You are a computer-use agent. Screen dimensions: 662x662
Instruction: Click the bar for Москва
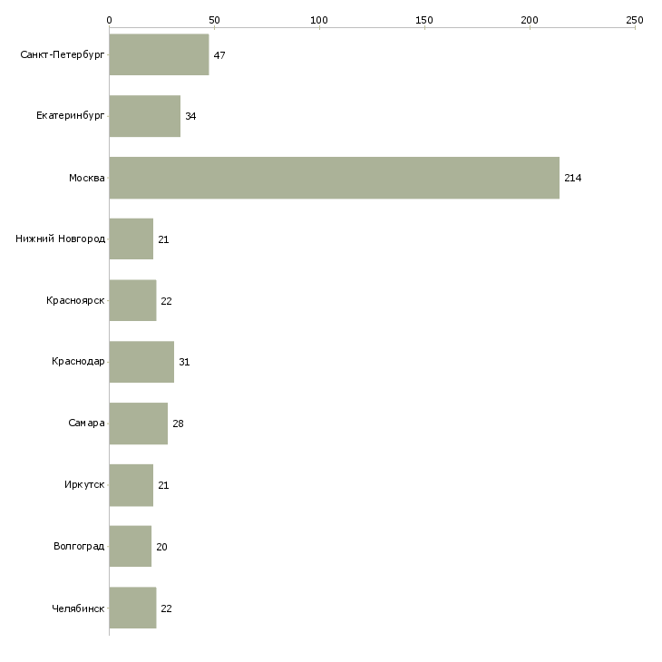point(335,178)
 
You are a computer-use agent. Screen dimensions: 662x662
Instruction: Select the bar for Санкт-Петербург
point(160,54)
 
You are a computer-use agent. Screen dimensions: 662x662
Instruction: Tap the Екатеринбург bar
point(145,116)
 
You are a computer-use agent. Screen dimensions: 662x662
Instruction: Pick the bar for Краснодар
point(141,362)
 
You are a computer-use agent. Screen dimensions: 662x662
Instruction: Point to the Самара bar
point(139,423)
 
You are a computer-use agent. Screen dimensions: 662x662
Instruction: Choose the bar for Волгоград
point(131,546)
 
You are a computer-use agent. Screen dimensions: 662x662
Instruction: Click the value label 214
point(573,178)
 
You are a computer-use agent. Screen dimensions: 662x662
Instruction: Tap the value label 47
point(219,55)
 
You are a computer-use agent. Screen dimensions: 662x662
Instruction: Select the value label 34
point(190,116)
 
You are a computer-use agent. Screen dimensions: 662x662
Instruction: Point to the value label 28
point(178,423)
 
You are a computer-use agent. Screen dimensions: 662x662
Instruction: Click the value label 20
point(161,547)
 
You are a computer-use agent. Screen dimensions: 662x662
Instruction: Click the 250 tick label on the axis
point(635,20)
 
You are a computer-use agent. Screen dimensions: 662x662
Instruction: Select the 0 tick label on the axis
point(110,20)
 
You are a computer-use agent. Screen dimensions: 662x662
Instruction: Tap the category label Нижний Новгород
point(61,239)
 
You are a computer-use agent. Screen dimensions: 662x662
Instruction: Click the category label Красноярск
point(75,300)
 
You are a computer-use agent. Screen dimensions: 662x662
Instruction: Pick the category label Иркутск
point(84,484)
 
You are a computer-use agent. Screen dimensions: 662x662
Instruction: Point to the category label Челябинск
point(78,608)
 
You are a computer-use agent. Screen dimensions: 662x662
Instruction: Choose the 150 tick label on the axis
point(424,20)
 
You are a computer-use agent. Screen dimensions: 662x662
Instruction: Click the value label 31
point(184,362)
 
